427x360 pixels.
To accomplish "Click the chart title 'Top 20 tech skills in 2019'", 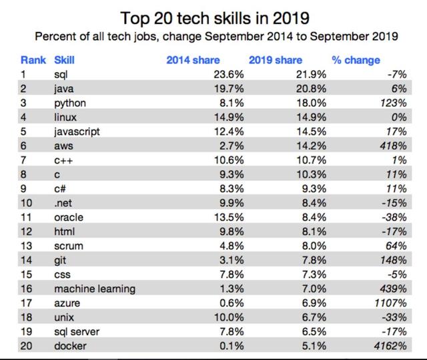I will [x=213, y=15].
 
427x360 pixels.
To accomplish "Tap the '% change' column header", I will [x=356, y=60].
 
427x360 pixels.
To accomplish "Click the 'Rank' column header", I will [x=33, y=60].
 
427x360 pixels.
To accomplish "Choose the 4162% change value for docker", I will [x=390, y=347].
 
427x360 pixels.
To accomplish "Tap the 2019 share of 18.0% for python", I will [x=311, y=104].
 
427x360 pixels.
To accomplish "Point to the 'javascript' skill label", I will [x=77, y=132].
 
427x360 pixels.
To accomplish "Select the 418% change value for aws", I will [x=393, y=146].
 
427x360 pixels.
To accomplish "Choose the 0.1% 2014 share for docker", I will [x=232, y=347].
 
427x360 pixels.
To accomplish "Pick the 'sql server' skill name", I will [x=75, y=332].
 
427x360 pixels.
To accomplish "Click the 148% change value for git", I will [x=393, y=260].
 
